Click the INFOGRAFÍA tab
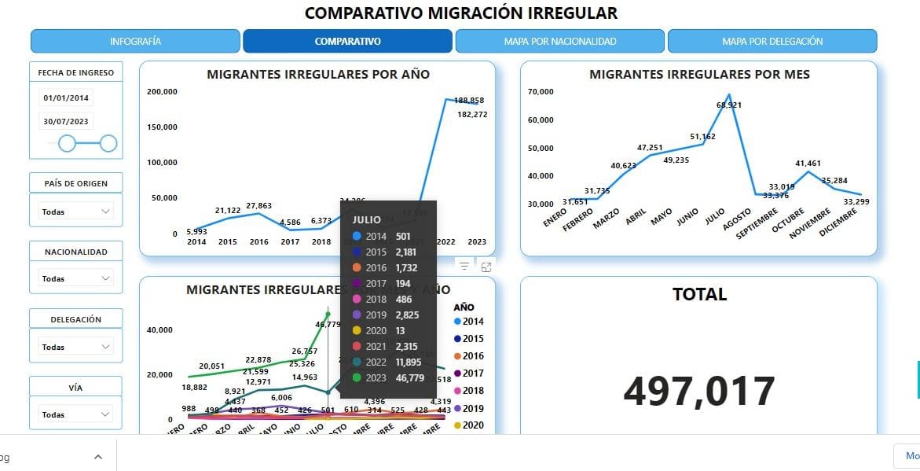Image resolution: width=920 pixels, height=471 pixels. pyautogui.click(x=135, y=41)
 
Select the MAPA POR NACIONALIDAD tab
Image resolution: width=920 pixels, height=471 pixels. pyautogui.click(x=559, y=41)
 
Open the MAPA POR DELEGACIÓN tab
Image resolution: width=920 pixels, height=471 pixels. pyautogui.click(x=772, y=41)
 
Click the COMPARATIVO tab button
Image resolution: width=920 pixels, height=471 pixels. pyautogui.click(x=347, y=41)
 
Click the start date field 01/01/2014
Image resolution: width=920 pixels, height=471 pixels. pyautogui.click(x=67, y=98)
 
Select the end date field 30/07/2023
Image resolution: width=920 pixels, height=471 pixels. pyautogui.click(x=67, y=121)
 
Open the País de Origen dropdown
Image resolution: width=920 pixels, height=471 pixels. pyautogui.click(x=75, y=212)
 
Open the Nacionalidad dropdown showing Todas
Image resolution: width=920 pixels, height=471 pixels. pyautogui.click(x=75, y=278)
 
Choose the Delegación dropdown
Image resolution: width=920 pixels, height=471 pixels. pyautogui.click(x=75, y=347)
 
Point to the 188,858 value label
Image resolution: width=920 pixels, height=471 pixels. pyautogui.click(x=469, y=101)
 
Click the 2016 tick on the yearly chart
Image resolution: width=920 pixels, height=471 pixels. pyautogui.click(x=258, y=241)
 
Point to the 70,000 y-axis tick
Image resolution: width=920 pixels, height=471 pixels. pyautogui.click(x=541, y=92)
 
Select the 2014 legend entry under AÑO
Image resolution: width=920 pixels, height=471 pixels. pyautogui.click(x=468, y=322)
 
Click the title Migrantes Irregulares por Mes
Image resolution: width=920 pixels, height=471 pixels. pyautogui.click(x=699, y=75)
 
